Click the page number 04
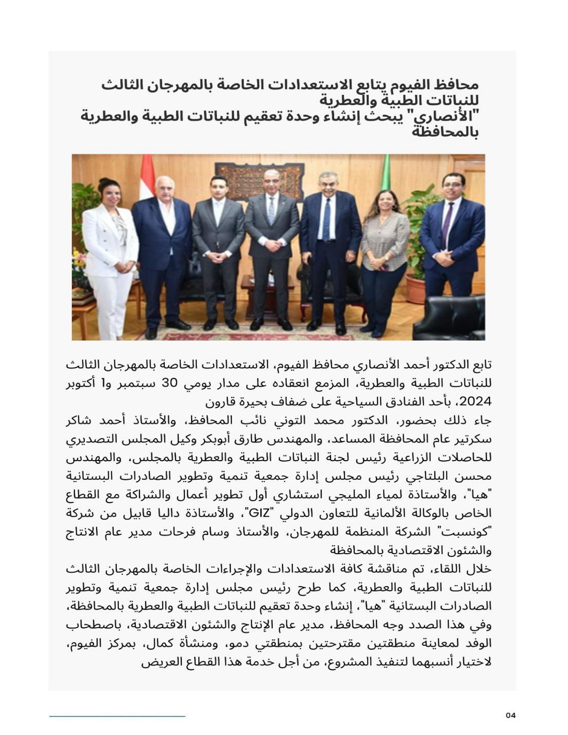511,715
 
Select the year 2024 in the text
478,402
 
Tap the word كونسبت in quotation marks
473,532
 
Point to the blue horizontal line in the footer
117,716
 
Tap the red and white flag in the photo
147,178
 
